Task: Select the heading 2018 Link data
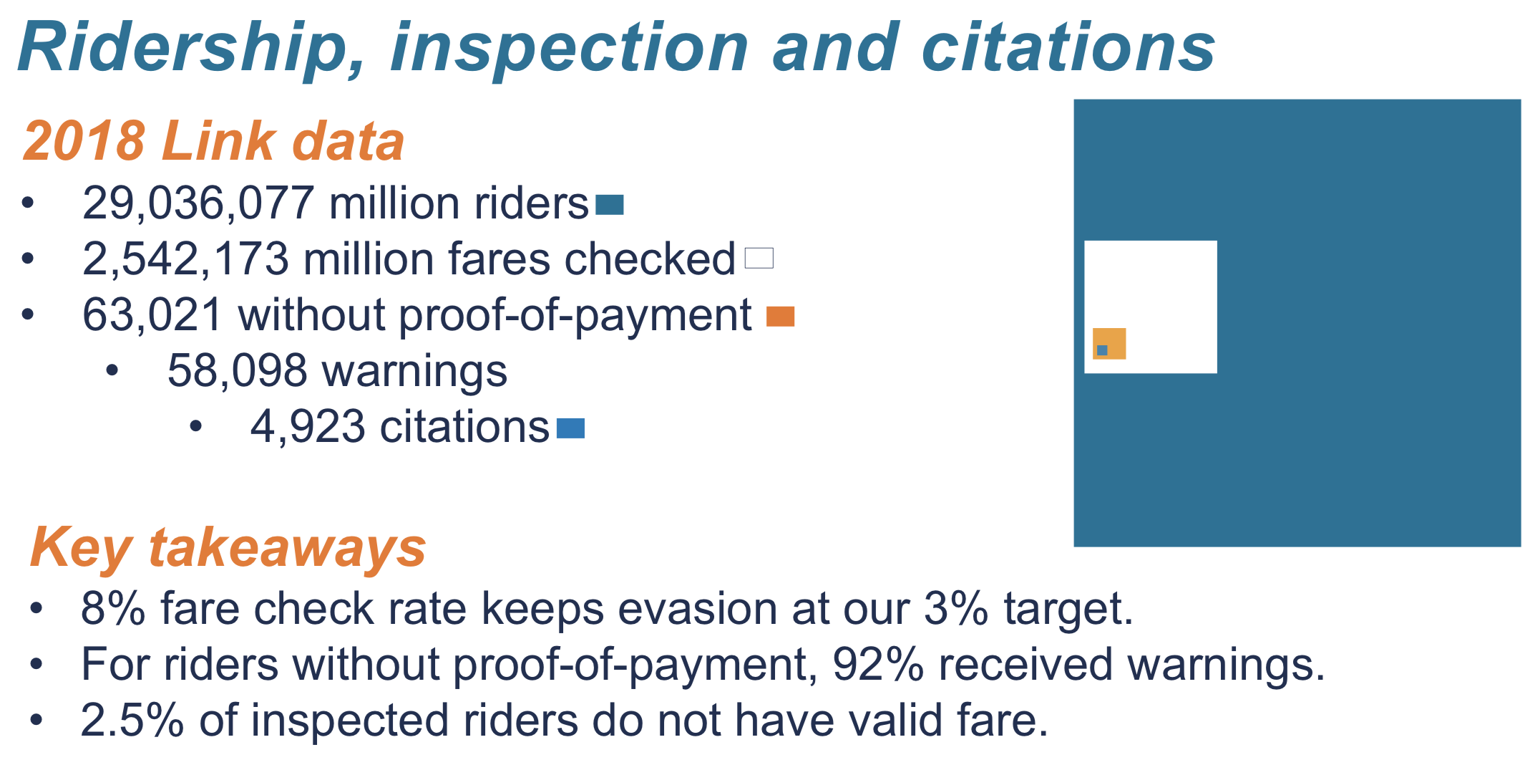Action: pos(213,140)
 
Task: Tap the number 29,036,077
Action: pos(198,203)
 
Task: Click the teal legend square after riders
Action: pos(609,206)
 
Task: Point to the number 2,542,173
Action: pos(185,259)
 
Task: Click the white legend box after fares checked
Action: pos(759,258)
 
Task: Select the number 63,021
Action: pos(152,314)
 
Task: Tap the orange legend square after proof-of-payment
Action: pos(780,316)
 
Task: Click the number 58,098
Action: pos(237,371)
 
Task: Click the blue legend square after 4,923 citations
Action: pos(570,428)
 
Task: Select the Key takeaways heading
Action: pos(228,547)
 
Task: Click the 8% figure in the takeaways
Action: pos(113,609)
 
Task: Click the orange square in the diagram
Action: pos(1115,337)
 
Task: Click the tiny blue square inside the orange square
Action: pos(1102,350)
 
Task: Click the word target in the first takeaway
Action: pos(1068,609)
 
